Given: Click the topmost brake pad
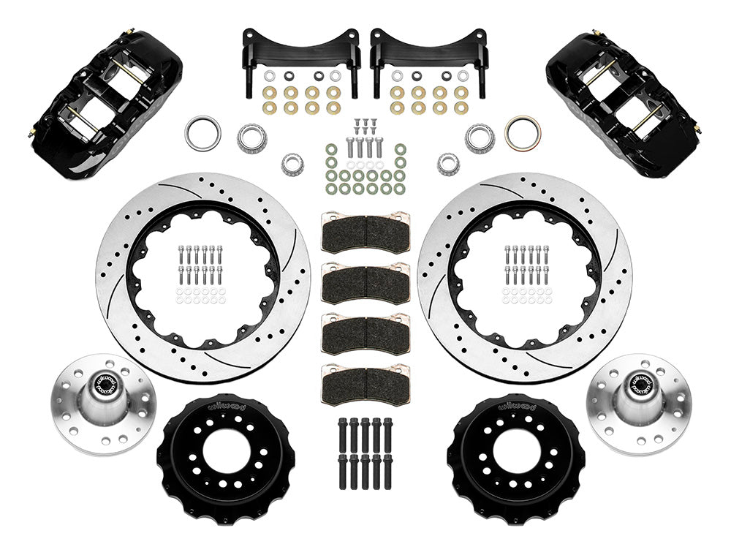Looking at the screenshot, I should (365, 233).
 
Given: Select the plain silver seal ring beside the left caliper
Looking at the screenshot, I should (202, 134).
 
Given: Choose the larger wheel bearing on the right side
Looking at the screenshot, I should (479, 137).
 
